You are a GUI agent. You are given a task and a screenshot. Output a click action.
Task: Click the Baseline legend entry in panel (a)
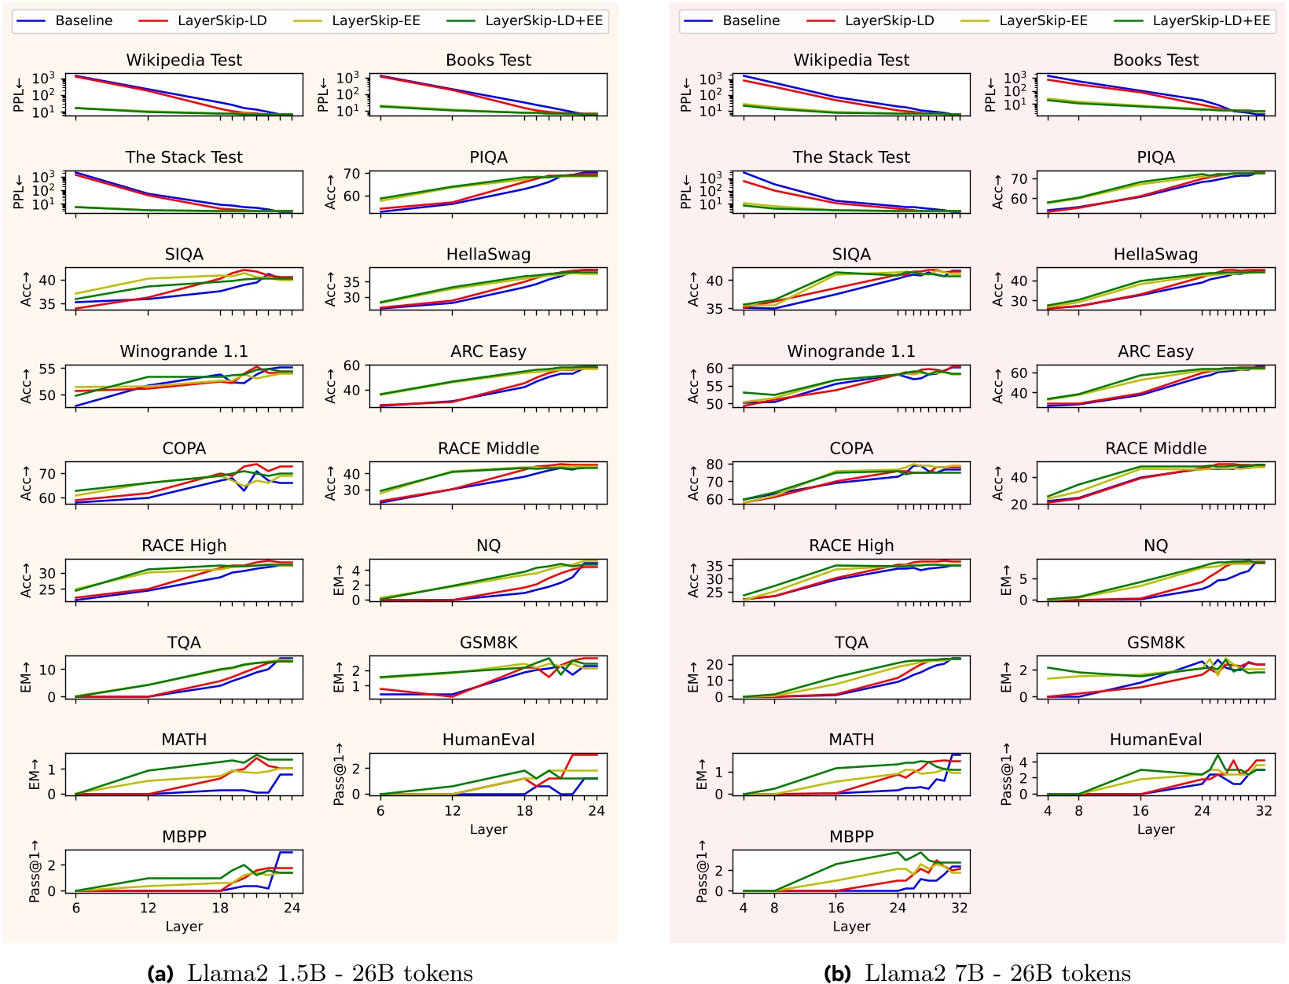(x=83, y=21)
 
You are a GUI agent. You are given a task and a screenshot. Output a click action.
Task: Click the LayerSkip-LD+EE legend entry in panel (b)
(x=1210, y=21)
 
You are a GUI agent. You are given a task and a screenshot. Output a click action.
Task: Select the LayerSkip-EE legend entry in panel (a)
(x=376, y=21)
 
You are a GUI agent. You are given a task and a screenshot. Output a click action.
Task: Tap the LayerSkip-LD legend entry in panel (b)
(x=889, y=21)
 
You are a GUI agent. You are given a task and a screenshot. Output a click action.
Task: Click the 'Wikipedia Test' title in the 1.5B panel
(x=184, y=61)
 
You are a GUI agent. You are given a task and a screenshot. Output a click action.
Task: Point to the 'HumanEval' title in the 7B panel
(x=1155, y=740)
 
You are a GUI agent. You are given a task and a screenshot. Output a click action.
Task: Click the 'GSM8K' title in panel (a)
(x=488, y=643)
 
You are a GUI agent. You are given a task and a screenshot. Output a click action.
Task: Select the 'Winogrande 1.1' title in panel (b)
(x=851, y=352)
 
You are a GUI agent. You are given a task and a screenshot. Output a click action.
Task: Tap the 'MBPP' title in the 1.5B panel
(x=184, y=837)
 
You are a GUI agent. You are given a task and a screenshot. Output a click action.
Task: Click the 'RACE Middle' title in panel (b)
(x=1155, y=449)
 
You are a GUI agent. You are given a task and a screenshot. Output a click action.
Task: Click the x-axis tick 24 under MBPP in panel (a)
(x=292, y=908)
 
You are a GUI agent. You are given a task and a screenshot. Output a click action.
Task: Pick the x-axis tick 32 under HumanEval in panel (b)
(x=1263, y=811)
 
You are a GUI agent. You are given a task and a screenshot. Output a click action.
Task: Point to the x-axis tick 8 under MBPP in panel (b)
(x=774, y=908)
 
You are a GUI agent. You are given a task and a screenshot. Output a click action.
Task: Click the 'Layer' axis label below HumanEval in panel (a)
(x=488, y=830)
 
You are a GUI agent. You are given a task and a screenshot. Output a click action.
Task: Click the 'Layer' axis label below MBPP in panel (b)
(x=851, y=927)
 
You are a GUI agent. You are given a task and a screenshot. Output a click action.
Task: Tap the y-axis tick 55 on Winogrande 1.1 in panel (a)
(x=46, y=369)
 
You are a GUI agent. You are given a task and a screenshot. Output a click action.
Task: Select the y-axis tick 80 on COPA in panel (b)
(x=714, y=464)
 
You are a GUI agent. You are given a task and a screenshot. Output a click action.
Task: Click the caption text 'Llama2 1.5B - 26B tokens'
(x=329, y=973)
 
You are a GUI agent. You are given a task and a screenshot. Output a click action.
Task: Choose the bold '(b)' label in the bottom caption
(x=838, y=973)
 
